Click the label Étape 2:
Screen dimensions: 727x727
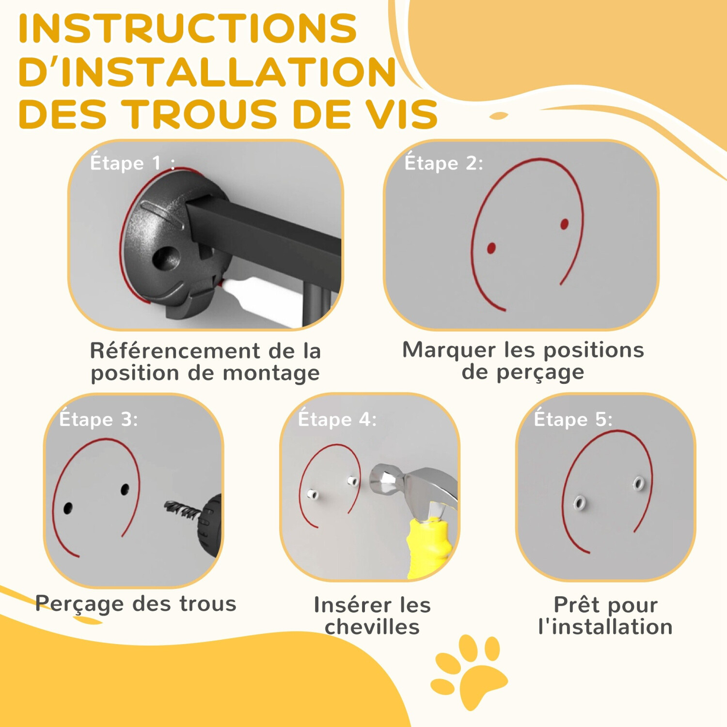coord(443,163)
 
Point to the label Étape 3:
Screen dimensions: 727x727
coord(98,419)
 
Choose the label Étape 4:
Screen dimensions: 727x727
coord(337,419)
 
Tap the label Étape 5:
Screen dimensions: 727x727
coord(573,419)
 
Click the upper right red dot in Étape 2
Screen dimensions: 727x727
coord(564,224)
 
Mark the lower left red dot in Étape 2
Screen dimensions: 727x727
coord(491,248)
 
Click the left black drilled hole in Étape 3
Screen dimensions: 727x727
coord(68,508)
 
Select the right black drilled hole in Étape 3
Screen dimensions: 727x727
coord(125,490)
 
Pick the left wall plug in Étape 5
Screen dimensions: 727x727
coord(579,504)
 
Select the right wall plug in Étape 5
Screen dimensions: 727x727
coord(639,483)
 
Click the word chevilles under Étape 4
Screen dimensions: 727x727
coord(372,627)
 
